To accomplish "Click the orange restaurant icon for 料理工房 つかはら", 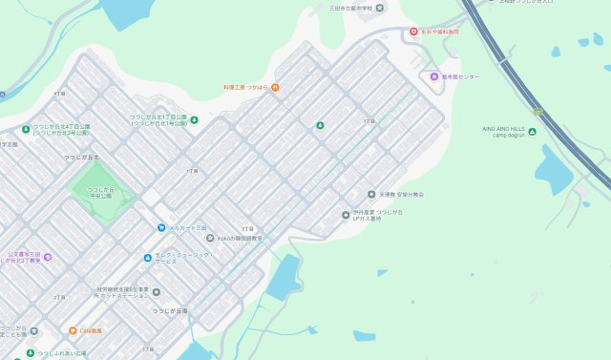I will click(x=275, y=88).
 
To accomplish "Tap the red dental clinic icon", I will click(x=413, y=32).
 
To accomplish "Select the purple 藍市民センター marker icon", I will click(x=433, y=76).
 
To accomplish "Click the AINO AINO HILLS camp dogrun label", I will click(x=505, y=132).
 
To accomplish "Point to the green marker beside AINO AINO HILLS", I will click(x=533, y=132).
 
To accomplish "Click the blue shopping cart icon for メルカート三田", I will click(x=161, y=227).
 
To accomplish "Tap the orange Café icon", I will click(x=72, y=330).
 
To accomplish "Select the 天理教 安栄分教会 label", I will click(x=400, y=195).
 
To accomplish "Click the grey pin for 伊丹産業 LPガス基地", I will click(x=346, y=215).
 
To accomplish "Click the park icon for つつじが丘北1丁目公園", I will click(x=194, y=120).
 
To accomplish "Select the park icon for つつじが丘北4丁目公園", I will click(x=26, y=129).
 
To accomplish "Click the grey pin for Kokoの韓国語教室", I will click(x=209, y=239).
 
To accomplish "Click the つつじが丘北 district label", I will click(x=80, y=157).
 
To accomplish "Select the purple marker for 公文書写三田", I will click(x=47, y=257).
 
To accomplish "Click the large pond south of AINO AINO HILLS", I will click(x=553, y=170).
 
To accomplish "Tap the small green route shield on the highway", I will click(x=537, y=112).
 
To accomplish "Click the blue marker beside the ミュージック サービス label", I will click(x=147, y=258).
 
